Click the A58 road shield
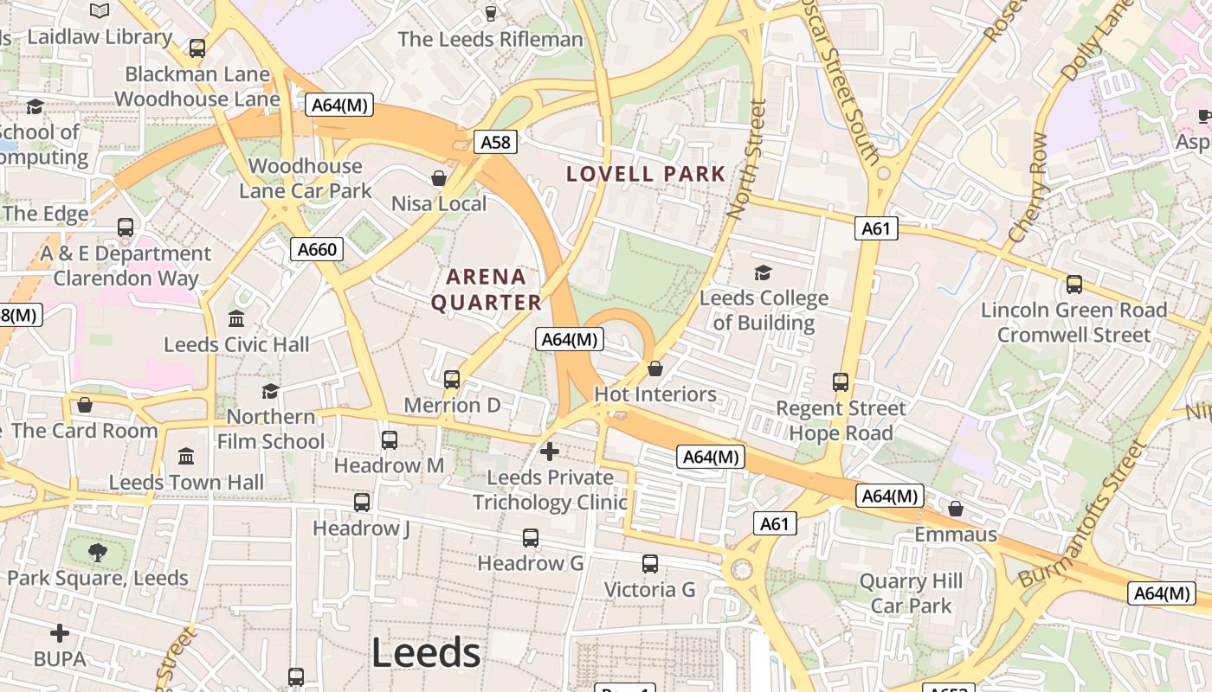point(495,141)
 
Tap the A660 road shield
point(316,250)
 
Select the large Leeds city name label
point(426,653)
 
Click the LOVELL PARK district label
point(646,174)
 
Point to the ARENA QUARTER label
point(487,290)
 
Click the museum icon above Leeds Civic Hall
point(236,318)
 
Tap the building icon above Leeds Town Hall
point(186,456)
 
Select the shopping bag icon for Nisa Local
point(439,178)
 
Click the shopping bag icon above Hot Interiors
point(655,368)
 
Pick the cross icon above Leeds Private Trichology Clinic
point(550,451)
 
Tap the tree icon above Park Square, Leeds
point(98,552)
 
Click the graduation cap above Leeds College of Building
point(763,273)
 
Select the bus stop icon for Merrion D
point(451,379)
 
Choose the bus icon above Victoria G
point(649,564)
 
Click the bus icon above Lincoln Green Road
point(1073,284)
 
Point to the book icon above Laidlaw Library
point(100,11)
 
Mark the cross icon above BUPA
point(59,633)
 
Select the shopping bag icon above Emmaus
point(956,509)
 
